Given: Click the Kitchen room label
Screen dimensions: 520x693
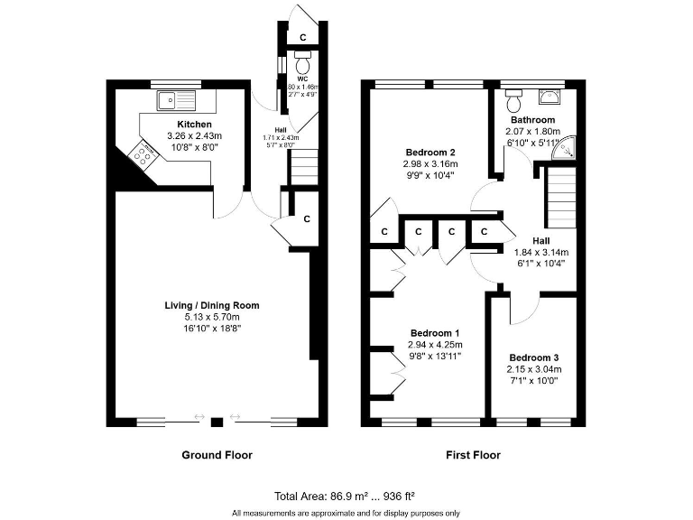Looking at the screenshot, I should pyautogui.click(x=194, y=124).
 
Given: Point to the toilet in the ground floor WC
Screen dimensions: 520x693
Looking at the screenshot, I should pyautogui.click(x=302, y=66).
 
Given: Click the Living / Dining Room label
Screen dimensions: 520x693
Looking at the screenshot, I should pyautogui.click(x=212, y=305).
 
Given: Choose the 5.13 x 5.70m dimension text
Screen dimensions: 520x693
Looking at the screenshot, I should pyautogui.click(x=212, y=317).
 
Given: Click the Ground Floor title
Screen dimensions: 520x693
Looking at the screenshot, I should pyautogui.click(x=217, y=455).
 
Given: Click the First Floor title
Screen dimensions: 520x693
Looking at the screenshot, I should pyautogui.click(x=473, y=455).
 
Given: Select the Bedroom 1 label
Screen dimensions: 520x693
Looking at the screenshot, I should pyautogui.click(x=435, y=332).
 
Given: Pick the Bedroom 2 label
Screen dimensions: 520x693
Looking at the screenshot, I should pyautogui.click(x=430, y=152).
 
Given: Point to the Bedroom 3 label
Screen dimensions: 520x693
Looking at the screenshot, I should pyautogui.click(x=533, y=357).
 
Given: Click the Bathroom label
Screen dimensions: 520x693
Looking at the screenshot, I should pyautogui.click(x=532, y=119).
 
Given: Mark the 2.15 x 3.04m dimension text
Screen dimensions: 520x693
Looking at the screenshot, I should pyautogui.click(x=533, y=368).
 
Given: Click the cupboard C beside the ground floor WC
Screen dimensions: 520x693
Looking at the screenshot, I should pyautogui.click(x=302, y=37).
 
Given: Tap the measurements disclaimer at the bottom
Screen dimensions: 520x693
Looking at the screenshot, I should pyautogui.click(x=346, y=513).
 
